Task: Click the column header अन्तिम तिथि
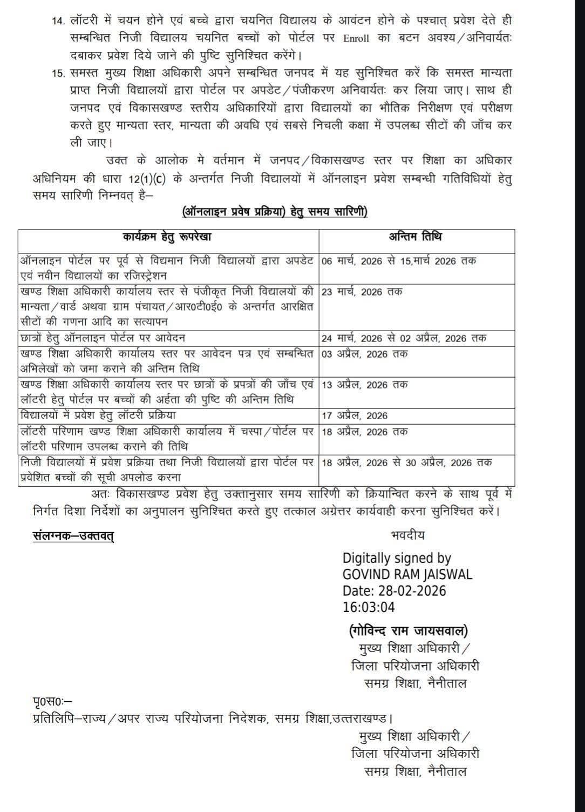point(416,237)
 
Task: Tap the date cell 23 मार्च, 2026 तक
point(362,292)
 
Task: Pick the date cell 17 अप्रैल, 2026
point(354,416)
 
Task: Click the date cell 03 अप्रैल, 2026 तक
point(364,354)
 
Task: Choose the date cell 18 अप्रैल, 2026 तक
point(364,432)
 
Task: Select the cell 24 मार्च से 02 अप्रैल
point(404,339)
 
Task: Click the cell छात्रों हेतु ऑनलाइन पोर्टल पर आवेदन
point(103,338)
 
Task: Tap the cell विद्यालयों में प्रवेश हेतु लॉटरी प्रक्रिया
point(98,415)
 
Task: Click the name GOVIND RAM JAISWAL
point(407,574)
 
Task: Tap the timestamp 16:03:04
point(369,607)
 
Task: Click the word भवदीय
point(407,535)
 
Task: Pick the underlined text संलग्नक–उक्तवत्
point(73,536)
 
